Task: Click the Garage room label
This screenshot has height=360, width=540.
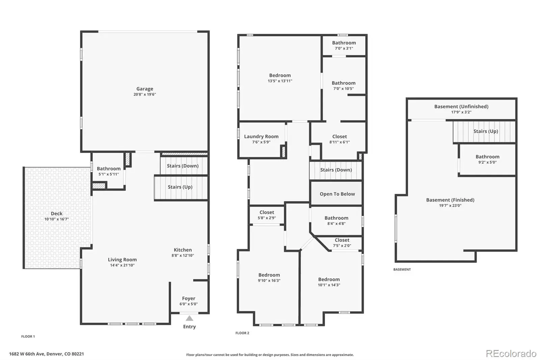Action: pyautogui.click(x=145, y=89)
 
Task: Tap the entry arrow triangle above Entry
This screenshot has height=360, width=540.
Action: pyautogui.click(x=189, y=318)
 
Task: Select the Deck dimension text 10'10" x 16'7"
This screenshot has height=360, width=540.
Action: pyautogui.click(x=57, y=219)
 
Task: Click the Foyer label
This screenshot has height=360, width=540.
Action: pyautogui.click(x=189, y=299)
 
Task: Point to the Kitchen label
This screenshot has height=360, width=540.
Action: pyautogui.click(x=183, y=250)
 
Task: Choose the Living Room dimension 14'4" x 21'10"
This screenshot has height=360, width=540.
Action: pyautogui.click(x=122, y=265)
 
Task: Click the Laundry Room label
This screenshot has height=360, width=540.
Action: pyautogui.click(x=261, y=136)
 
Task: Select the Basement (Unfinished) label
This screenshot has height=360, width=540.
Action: pyautogui.click(x=461, y=106)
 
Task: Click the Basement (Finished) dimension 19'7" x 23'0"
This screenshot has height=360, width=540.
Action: pyautogui.click(x=450, y=206)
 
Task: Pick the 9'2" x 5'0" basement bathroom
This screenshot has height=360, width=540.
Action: pyautogui.click(x=487, y=159)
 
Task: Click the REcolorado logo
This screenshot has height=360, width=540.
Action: pyautogui.click(x=511, y=354)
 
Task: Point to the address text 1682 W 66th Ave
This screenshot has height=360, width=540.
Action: pyautogui.click(x=27, y=354)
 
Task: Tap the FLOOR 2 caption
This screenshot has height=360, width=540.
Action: pyautogui.click(x=242, y=333)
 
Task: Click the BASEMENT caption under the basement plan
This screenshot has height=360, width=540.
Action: pyautogui.click(x=402, y=269)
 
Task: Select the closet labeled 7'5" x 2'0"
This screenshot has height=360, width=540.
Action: pyautogui.click(x=342, y=243)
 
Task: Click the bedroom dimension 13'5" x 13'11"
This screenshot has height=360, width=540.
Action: pyautogui.click(x=280, y=81)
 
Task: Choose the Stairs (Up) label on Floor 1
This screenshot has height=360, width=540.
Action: pyautogui.click(x=180, y=187)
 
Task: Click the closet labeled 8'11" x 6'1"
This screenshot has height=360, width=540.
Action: pyautogui.click(x=340, y=139)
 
